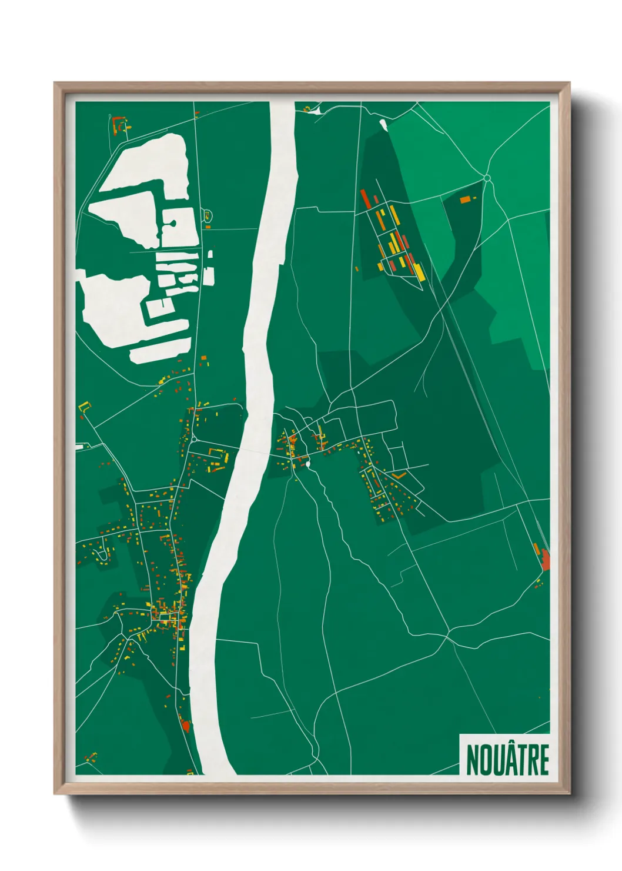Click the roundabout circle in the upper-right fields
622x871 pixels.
tap(487, 178)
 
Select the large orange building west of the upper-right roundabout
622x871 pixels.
tap(465, 200)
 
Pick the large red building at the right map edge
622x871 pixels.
tap(545, 560)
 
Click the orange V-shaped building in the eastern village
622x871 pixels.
tap(399, 474)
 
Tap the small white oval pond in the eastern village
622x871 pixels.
tap(307, 464)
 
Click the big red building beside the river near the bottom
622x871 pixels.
tap(186, 726)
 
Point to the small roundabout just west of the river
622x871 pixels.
tap(193, 439)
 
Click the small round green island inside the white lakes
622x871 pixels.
tap(173, 224)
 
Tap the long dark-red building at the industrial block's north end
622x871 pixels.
tap(366, 197)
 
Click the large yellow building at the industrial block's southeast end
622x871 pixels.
tap(419, 271)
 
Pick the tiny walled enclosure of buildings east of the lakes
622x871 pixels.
tap(207, 215)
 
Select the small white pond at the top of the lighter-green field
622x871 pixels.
tap(383, 124)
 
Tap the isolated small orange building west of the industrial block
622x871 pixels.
tap(357, 269)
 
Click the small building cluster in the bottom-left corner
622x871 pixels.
tap(91, 757)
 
